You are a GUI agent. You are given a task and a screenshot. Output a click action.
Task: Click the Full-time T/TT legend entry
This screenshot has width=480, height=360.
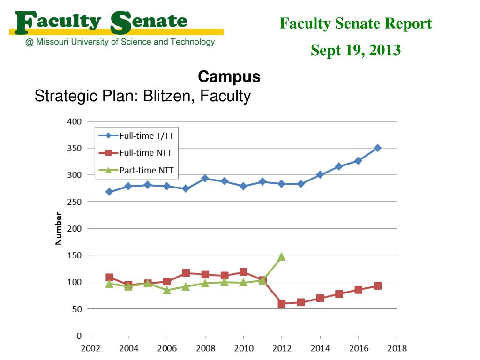138,135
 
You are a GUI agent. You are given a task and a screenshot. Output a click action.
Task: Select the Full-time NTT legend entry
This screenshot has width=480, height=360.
138,152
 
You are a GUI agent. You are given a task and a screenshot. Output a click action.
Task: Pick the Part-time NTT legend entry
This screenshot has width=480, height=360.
138,170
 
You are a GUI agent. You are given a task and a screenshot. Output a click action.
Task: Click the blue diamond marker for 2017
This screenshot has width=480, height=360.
377,148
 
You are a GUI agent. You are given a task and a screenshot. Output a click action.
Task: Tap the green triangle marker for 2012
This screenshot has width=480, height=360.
281,256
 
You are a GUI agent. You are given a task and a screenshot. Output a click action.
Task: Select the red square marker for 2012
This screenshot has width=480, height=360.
282,303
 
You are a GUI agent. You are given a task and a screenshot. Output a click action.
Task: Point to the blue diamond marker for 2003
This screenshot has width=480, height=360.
109,192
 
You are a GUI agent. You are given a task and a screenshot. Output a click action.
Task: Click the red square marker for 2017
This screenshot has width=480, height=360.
377,286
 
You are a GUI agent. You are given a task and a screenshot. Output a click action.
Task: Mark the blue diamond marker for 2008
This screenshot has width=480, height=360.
205,179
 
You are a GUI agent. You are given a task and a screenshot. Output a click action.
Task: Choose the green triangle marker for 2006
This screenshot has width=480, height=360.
167,290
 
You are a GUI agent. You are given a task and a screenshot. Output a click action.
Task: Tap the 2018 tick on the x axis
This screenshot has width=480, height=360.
397,348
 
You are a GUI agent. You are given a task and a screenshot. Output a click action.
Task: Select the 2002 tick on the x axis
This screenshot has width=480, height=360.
90,348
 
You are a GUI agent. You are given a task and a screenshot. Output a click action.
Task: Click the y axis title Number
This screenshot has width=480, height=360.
59,229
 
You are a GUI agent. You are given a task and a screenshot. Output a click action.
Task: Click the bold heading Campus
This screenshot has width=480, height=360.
229,76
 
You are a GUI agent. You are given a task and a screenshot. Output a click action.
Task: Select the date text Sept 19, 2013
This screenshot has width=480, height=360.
356,50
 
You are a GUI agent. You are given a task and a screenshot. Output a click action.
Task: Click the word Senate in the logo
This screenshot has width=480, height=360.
149,22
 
